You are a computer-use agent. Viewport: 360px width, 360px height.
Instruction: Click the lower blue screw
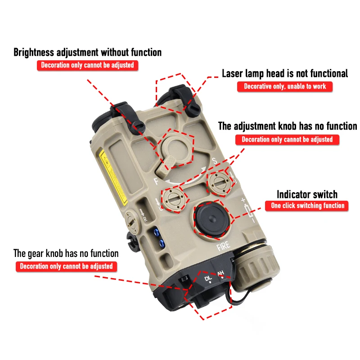coord(160,244)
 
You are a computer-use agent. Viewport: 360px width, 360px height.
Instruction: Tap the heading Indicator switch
coord(306,194)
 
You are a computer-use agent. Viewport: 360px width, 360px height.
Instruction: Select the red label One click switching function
coord(307,206)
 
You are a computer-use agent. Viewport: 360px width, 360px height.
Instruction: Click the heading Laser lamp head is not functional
coord(285,73)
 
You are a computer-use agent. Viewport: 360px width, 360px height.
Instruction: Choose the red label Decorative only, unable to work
coord(285,86)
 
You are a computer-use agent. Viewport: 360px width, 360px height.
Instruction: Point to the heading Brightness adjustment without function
coord(87,52)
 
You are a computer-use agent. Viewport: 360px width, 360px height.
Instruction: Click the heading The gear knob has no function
coord(66,253)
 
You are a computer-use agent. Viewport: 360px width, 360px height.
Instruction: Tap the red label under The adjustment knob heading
coord(287,139)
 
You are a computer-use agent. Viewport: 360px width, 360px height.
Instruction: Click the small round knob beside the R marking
coord(132,218)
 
